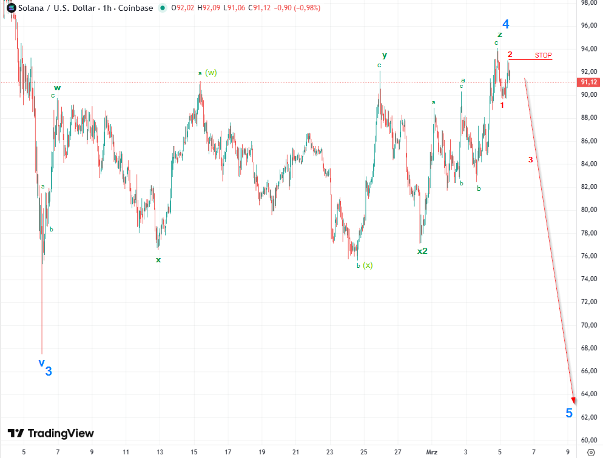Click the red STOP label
[543, 55]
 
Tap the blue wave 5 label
[569, 413]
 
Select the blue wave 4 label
[505, 24]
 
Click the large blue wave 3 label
[49, 371]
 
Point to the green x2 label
[422, 251]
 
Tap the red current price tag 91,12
[589, 82]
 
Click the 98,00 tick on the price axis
[589, 2]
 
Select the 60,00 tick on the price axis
[589, 440]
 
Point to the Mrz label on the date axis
[431, 452]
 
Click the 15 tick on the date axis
[194, 452]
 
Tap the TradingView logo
[51, 433]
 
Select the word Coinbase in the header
[135, 8]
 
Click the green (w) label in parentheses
[211, 73]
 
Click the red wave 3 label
[531, 160]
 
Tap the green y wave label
[385, 55]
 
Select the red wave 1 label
[502, 105]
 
